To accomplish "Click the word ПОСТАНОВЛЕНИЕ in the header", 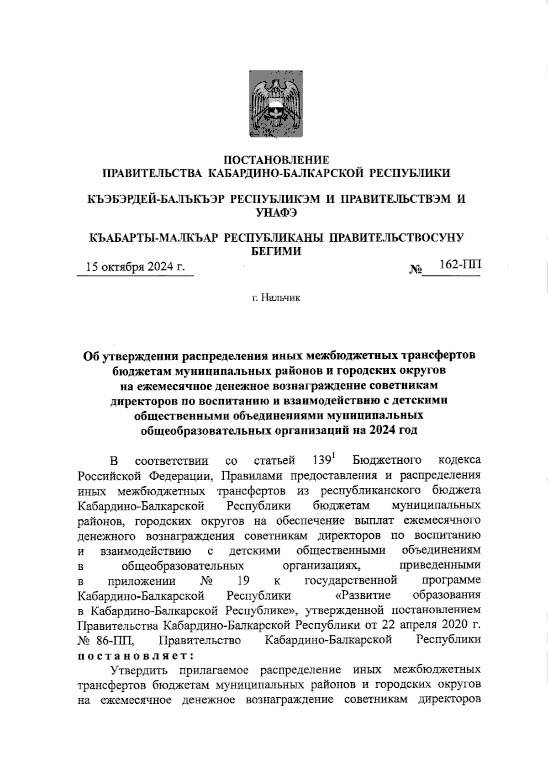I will (x=276, y=160).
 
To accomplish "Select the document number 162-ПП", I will (x=459, y=265).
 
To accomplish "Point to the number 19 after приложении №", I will (x=243, y=581).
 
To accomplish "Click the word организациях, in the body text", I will (x=322, y=566).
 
